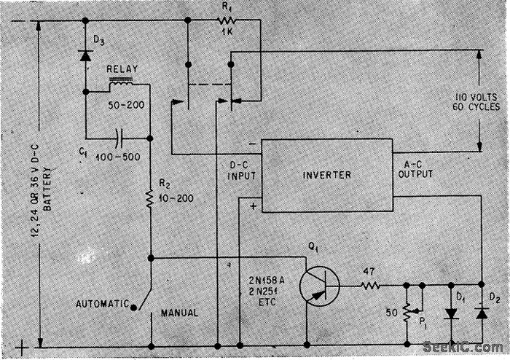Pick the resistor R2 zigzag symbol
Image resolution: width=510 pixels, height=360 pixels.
coord(150,198)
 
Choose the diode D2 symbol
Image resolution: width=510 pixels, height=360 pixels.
coord(480,313)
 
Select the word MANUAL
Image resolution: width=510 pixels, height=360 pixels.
coord(179,313)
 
